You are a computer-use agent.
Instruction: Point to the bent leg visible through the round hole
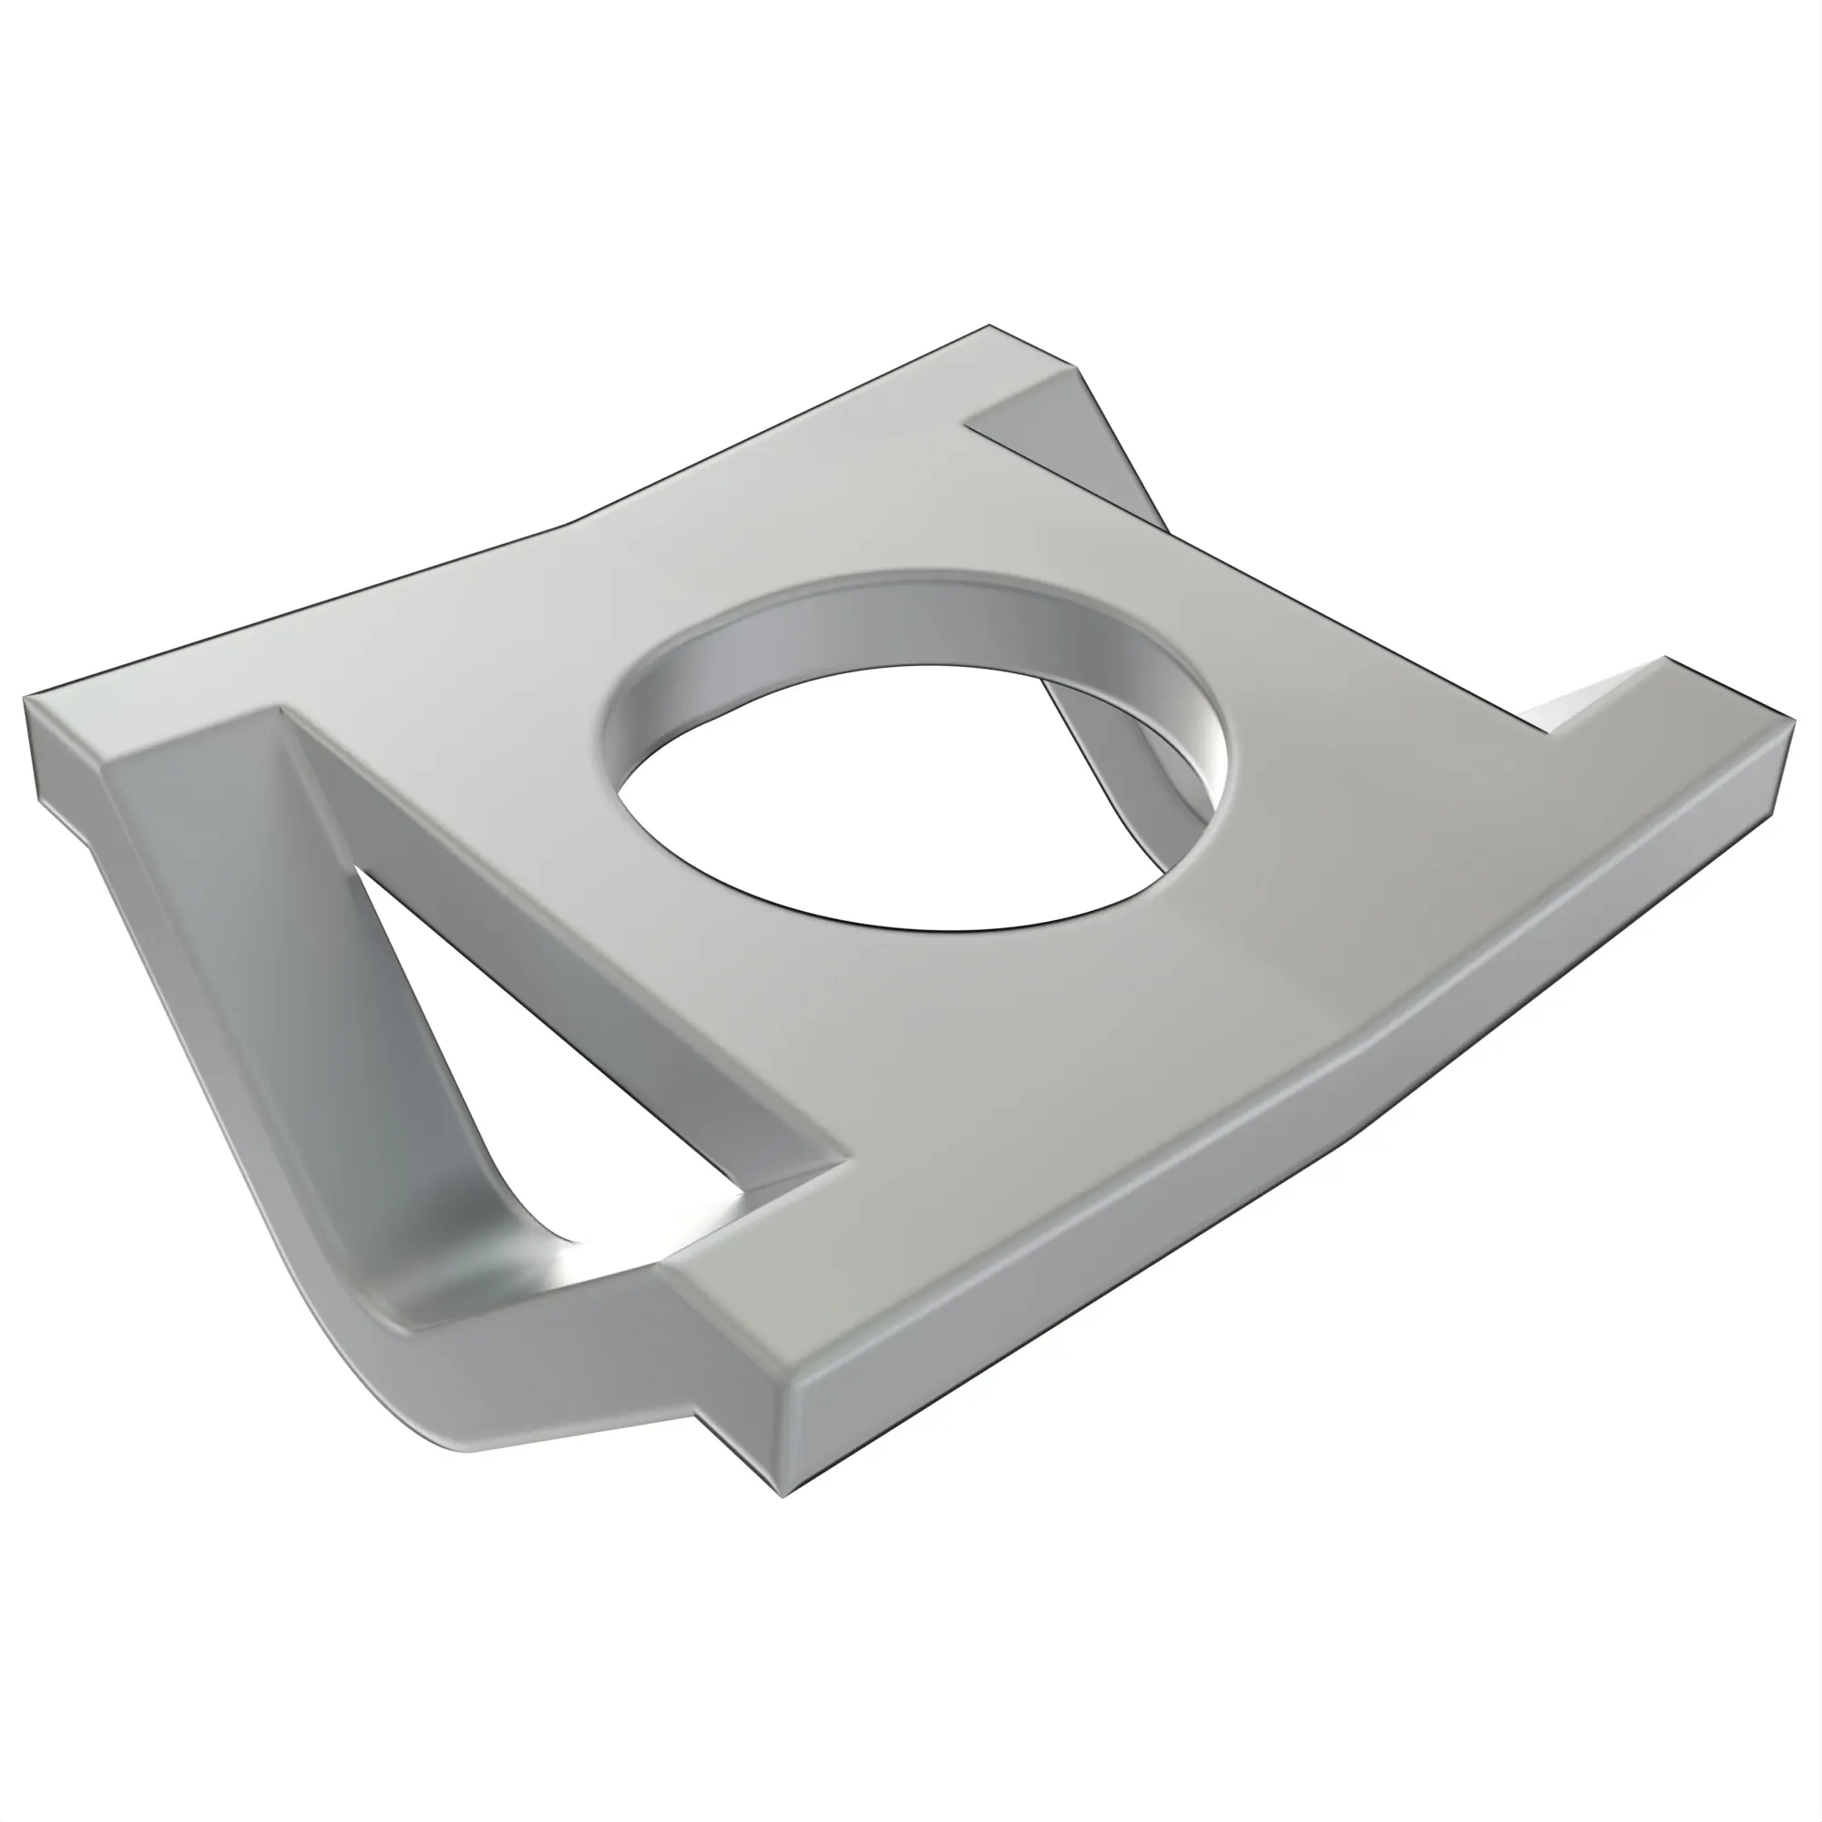(1131, 754)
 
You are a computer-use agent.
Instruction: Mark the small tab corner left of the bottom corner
(698, 1415)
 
